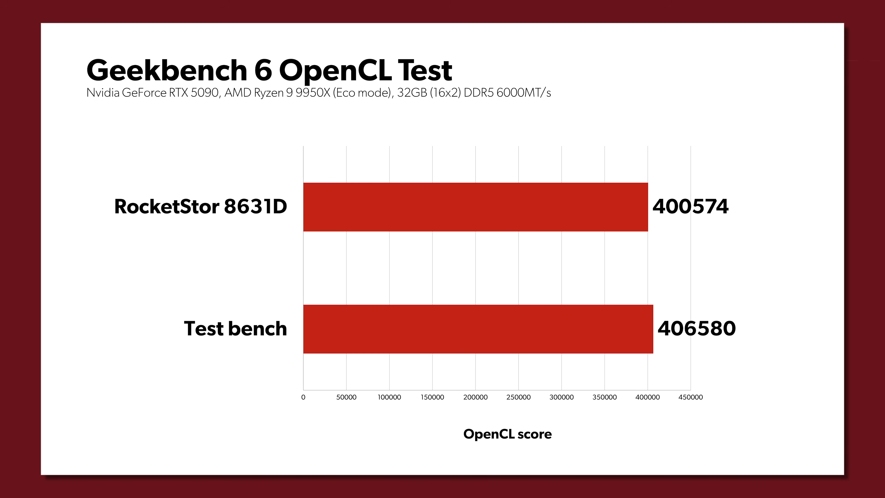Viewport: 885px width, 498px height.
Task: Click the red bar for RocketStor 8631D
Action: point(475,207)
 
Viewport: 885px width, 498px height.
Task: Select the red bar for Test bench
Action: point(478,329)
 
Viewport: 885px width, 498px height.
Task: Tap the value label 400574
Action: point(690,207)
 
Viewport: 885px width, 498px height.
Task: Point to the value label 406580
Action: point(696,329)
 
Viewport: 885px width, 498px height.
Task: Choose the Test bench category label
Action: point(235,329)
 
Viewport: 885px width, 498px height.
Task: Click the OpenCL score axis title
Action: point(507,434)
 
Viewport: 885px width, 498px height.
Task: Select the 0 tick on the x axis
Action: point(303,397)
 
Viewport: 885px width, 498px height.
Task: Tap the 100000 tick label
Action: point(389,397)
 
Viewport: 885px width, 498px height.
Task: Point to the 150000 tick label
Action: point(432,397)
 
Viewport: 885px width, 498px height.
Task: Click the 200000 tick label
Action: point(475,397)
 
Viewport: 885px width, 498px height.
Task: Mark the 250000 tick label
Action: point(518,397)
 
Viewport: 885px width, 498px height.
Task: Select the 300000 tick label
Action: point(561,397)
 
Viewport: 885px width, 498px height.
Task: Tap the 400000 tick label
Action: point(648,397)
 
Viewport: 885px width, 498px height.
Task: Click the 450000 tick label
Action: point(690,397)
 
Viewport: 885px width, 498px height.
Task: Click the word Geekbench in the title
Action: point(167,71)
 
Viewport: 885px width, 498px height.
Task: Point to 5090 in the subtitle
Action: point(204,93)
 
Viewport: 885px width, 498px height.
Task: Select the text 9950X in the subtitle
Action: point(313,93)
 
